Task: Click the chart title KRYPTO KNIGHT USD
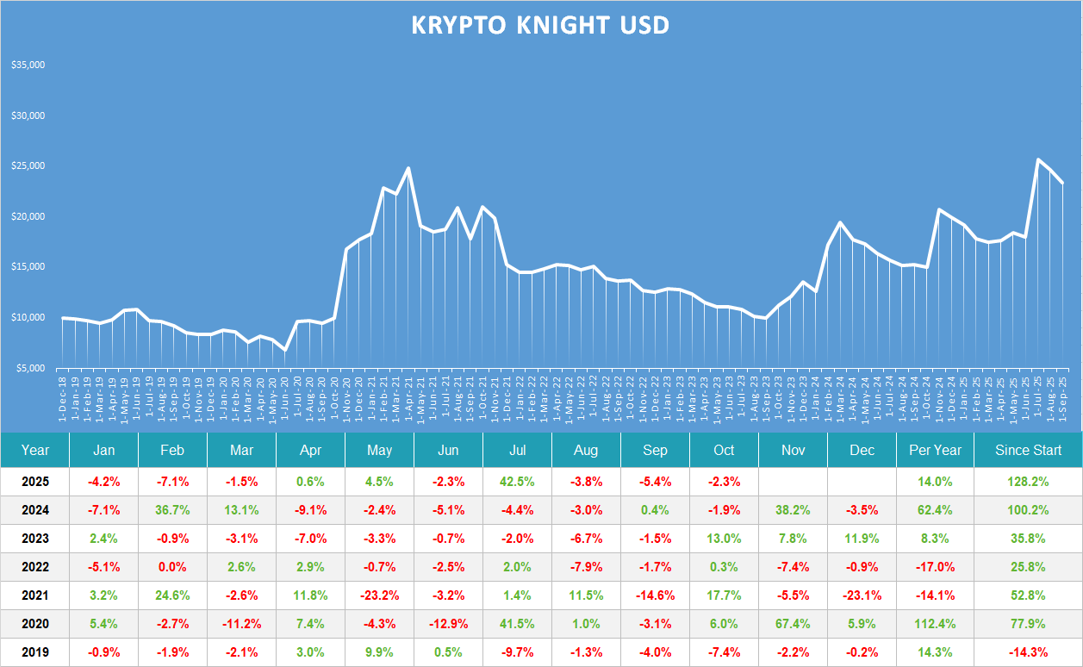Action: pos(540,25)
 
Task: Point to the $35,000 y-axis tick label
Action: pos(28,65)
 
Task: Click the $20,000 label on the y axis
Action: pos(28,216)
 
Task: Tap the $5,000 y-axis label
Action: pos(31,368)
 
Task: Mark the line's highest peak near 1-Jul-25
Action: pos(1038,159)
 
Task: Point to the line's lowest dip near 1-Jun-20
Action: pos(284,350)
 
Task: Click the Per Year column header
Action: pos(939,450)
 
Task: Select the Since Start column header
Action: pos(1028,450)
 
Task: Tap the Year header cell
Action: pos(35,450)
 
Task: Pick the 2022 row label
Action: pos(35,567)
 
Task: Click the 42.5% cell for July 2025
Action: pos(517,482)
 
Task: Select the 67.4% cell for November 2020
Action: pos(793,624)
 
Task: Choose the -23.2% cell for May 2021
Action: pos(379,595)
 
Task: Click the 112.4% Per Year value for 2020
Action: pos(939,624)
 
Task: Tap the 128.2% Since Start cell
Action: pos(1028,482)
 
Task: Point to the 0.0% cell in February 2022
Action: pos(172,567)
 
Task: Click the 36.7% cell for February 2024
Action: pos(172,510)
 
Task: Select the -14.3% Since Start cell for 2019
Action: pos(1028,652)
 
